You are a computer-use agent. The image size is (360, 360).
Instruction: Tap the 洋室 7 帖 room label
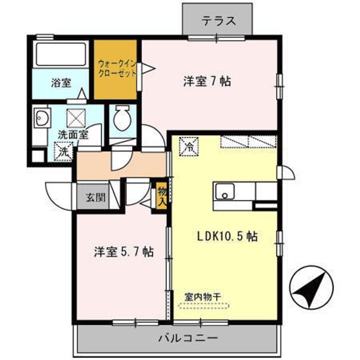[x=206, y=81]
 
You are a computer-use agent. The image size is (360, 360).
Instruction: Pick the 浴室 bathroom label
[x=61, y=83]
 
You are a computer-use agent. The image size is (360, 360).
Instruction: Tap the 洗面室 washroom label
[x=73, y=134]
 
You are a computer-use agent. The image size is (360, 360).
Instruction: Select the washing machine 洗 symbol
[x=63, y=151]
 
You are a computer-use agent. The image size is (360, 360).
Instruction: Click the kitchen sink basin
[x=225, y=191]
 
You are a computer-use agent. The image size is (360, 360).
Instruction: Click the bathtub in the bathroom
[x=60, y=54]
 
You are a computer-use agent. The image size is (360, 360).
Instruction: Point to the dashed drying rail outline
[x=202, y=305]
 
